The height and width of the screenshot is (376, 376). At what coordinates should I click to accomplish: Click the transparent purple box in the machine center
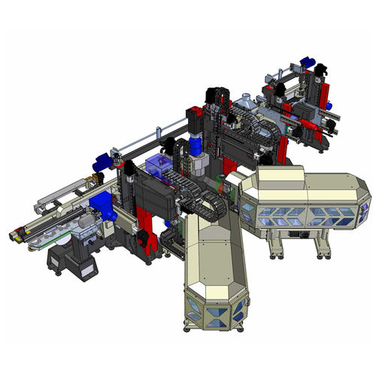(x=159, y=170)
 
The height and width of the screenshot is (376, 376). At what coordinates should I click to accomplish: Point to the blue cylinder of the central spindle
(x=197, y=144)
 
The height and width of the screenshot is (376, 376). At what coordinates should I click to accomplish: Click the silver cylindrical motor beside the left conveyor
(x=85, y=223)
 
